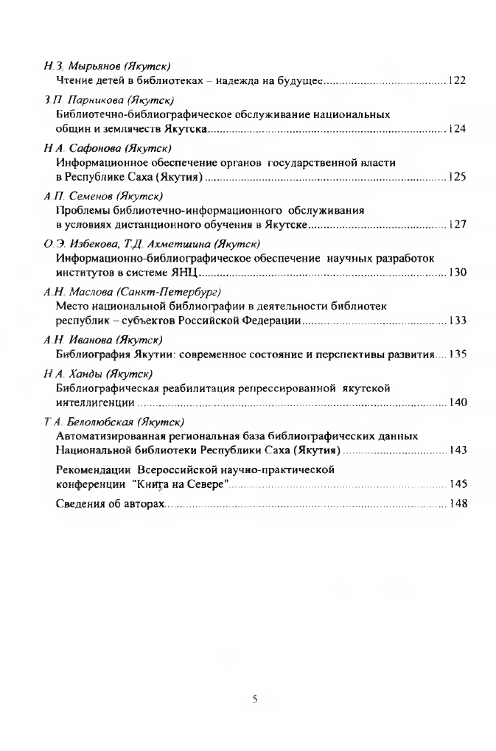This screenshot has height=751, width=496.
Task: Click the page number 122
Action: [457, 80]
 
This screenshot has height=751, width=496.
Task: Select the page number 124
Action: [457, 129]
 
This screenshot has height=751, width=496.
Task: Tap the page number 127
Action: [457, 225]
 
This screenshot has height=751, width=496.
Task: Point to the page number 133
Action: [457, 321]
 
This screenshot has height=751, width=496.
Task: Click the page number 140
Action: [457, 402]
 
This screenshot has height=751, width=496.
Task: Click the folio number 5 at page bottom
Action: [254, 700]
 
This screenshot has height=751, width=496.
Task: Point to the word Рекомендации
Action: [93, 469]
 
